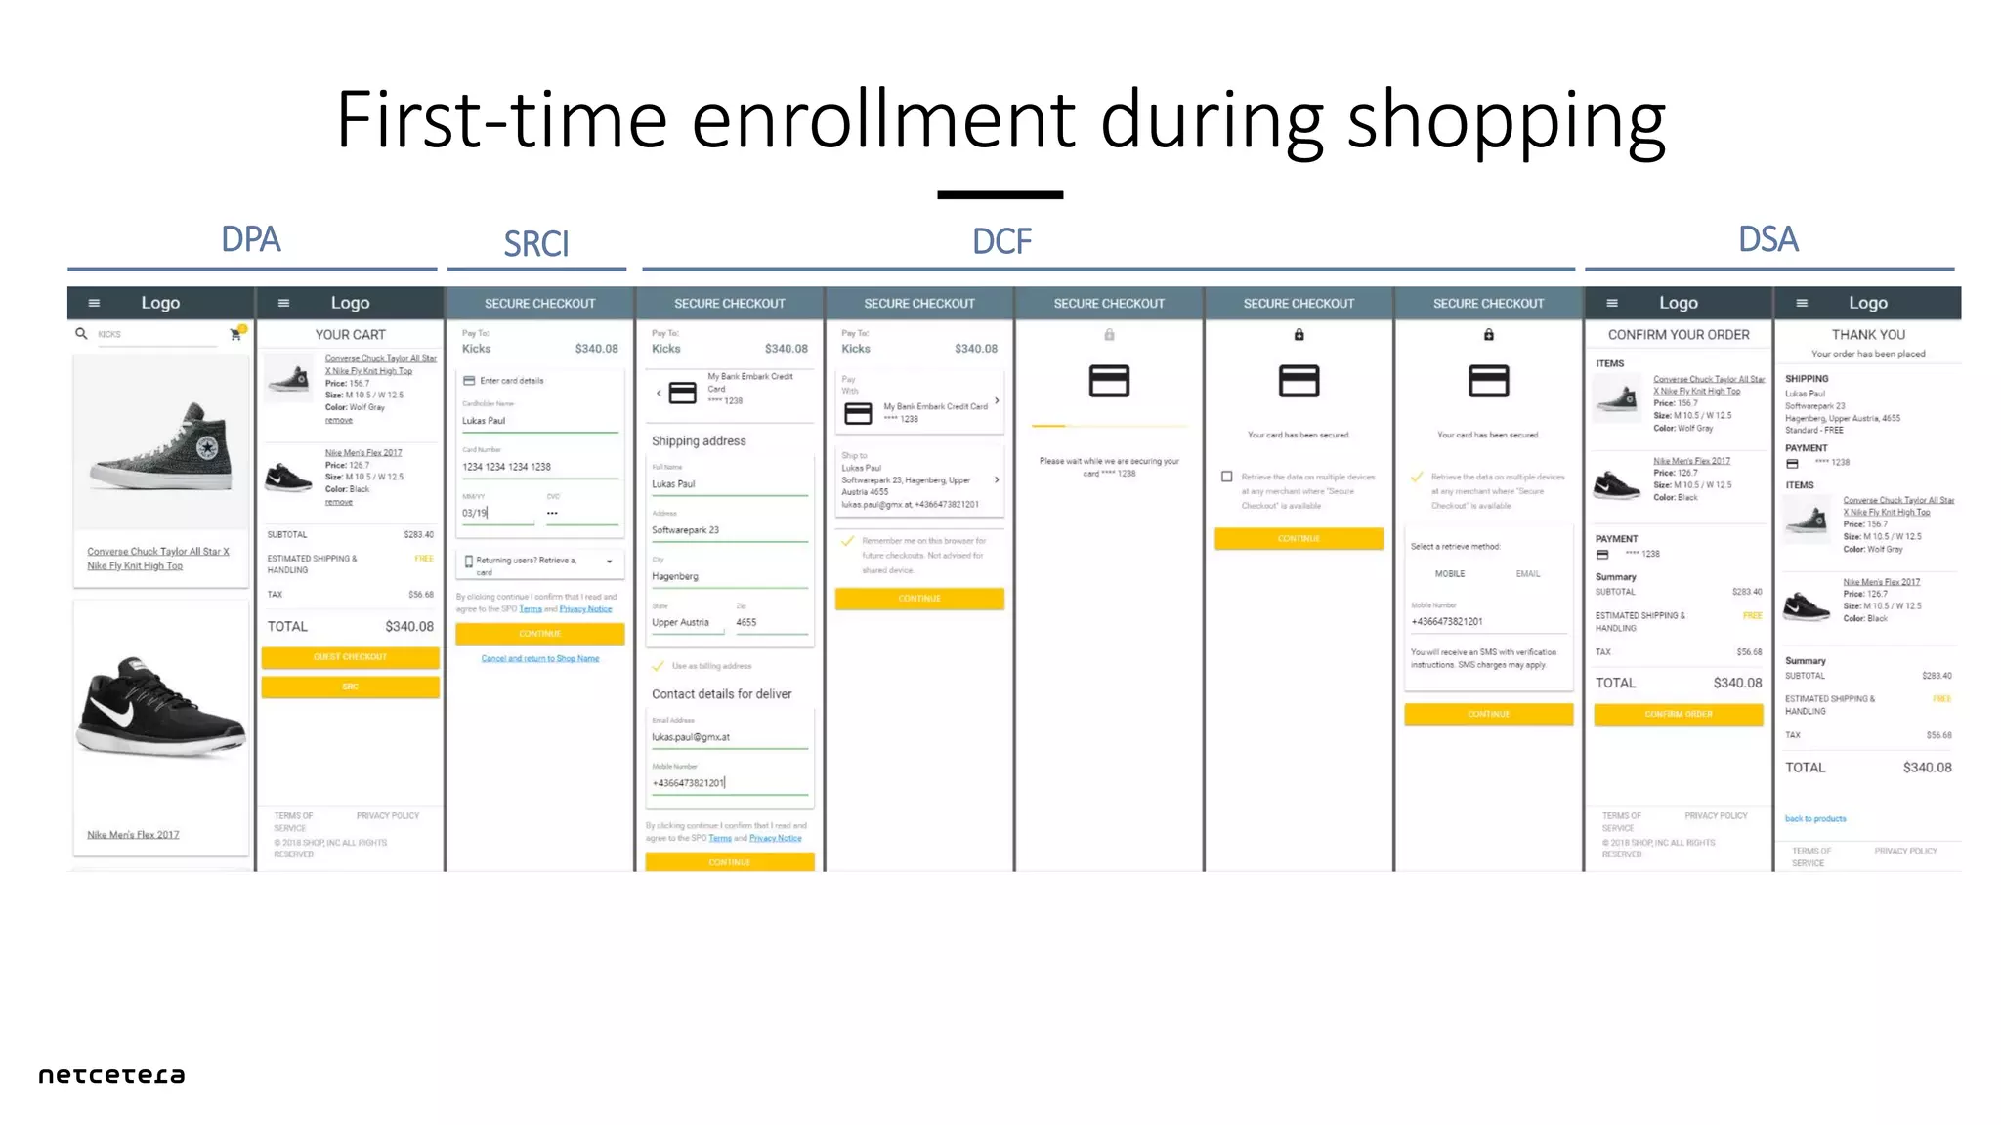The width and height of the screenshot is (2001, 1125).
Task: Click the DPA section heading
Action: click(x=251, y=239)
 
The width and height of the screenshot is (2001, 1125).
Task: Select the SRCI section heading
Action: click(x=535, y=244)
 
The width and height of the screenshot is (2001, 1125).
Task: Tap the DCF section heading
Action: click(x=1001, y=241)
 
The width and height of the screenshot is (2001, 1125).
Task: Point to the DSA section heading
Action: click(x=1767, y=239)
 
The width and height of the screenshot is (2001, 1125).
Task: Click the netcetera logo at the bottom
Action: click(x=111, y=1075)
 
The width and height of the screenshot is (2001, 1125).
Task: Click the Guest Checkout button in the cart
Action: click(x=350, y=657)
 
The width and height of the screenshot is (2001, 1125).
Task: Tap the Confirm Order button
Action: click(x=1678, y=714)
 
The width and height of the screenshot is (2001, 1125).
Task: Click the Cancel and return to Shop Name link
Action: click(x=539, y=659)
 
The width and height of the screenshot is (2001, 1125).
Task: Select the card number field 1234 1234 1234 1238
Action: click(x=507, y=467)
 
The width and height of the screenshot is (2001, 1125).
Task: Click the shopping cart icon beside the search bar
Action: click(x=235, y=334)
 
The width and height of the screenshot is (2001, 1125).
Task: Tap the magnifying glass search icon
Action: click(x=81, y=334)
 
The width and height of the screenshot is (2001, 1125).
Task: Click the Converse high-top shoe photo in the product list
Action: click(x=161, y=444)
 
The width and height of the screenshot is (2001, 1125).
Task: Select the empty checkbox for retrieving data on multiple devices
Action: click(x=1226, y=477)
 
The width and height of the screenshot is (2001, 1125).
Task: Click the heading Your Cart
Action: click(x=350, y=335)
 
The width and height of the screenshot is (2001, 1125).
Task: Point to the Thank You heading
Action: click(x=1868, y=335)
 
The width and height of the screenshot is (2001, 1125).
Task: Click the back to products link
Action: click(x=1815, y=819)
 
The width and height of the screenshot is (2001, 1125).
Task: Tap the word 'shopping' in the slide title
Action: click(x=1506, y=122)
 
